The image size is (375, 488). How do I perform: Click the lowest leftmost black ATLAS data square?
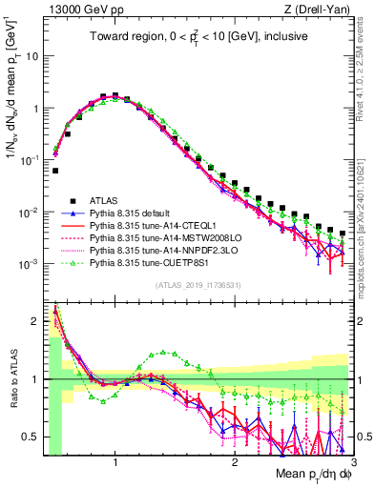tap(55, 171)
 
